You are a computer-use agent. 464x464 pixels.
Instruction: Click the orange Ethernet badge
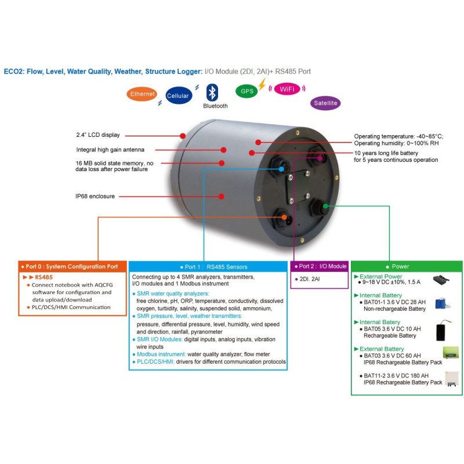[x=142, y=94]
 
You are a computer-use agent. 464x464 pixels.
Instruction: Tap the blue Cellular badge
[x=178, y=96]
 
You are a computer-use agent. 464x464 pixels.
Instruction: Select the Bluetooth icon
[x=213, y=93]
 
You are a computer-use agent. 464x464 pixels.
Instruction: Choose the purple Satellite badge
[x=325, y=104]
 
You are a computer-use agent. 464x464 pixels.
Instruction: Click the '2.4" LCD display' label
[x=98, y=135]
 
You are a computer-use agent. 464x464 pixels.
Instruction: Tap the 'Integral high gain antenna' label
[x=110, y=149]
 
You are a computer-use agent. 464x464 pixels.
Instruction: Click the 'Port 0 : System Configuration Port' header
[x=72, y=267]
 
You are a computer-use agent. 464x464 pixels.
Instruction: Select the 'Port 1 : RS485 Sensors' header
[x=208, y=267]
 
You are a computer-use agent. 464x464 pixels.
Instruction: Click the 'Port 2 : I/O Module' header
[x=320, y=266]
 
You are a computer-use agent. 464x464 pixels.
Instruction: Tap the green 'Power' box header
[x=400, y=267]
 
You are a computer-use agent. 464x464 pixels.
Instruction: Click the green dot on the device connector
[x=325, y=206]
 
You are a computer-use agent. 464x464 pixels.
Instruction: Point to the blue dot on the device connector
[x=281, y=169]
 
